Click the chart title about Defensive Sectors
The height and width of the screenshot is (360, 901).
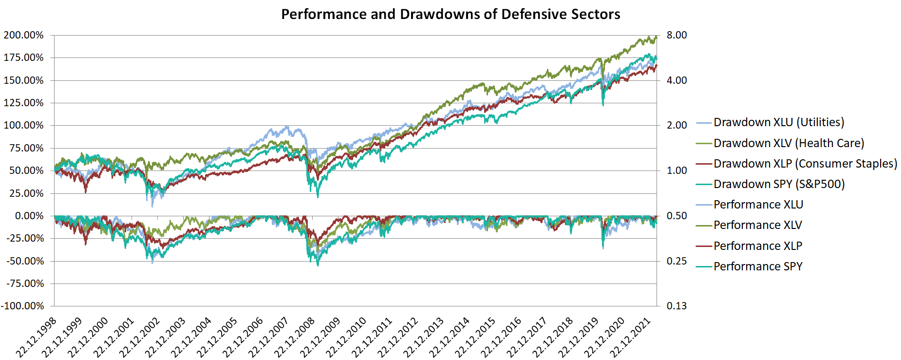pos(450,14)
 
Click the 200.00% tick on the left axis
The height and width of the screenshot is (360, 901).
pos(24,35)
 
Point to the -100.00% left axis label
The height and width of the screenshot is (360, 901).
pos(22,306)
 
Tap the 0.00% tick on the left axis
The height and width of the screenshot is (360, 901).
pos(29,216)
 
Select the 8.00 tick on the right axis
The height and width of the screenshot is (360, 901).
pos(676,35)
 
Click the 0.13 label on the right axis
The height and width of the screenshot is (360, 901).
pos(676,306)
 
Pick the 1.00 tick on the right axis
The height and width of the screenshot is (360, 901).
pos(676,171)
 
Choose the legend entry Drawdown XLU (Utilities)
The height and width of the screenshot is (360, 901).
pos(778,122)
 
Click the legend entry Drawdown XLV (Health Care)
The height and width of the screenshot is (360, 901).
pos(788,143)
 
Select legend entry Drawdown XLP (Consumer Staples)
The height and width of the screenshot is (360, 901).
pos(805,164)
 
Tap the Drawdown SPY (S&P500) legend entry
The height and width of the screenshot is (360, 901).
pos(779,184)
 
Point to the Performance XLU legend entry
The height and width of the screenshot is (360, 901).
pos(758,205)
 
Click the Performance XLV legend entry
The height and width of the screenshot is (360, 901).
pos(757,225)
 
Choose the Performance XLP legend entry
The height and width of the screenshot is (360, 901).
pos(757,246)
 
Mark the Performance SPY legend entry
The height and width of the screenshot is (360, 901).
pos(757,266)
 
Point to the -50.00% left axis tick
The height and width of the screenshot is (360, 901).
pos(25,261)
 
